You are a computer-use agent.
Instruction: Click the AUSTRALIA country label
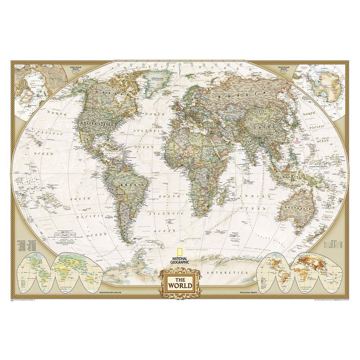297,208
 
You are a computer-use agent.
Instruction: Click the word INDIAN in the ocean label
260,197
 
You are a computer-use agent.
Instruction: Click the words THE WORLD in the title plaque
180,283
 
